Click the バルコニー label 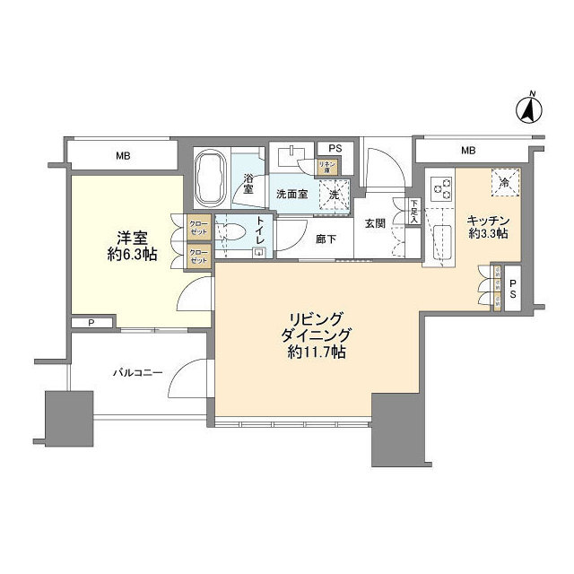coord(137,371)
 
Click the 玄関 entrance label coord(375,223)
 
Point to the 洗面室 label coord(291,194)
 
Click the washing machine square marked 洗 coord(334,194)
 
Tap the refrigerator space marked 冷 coord(505,181)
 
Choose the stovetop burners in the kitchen coord(441,189)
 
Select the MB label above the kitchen coord(468,150)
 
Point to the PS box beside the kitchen coord(512,288)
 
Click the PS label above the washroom coord(335,149)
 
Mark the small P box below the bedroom coord(91,323)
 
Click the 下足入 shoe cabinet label coord(415,212)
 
